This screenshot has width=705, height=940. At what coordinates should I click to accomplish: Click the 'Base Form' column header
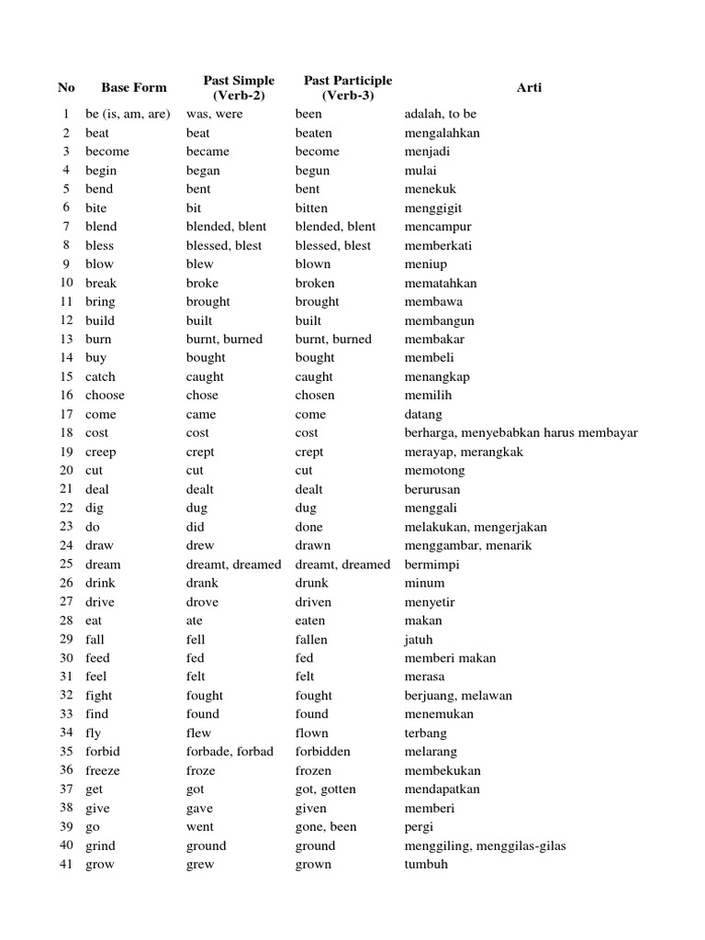pos(134,88)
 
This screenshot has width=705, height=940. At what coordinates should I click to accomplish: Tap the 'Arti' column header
pos(529,88)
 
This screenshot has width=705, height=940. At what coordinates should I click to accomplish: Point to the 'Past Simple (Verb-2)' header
pos(239,88)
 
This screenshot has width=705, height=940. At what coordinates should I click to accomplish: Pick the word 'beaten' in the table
pos(314,133)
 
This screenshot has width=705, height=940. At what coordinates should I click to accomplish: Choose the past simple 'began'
pos(203,171)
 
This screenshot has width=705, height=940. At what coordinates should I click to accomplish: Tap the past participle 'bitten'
pos(311,208)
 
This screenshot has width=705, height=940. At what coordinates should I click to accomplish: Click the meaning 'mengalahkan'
pos(442,133)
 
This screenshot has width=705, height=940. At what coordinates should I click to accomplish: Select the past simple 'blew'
pos(200,264)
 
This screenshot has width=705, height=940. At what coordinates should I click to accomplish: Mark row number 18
pos(66,432)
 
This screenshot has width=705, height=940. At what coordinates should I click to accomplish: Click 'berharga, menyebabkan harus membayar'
pos(520,432)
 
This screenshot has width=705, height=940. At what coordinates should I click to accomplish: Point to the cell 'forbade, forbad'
pos(229,751)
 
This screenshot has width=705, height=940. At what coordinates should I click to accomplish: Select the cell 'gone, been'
pos(326,826)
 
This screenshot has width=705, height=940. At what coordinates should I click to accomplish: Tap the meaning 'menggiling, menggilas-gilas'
pos(485,845)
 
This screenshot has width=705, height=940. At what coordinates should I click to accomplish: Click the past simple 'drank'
pos(202,583)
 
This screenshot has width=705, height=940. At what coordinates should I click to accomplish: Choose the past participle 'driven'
pos(313,602)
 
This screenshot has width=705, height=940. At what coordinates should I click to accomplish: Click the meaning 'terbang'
pos(426,733)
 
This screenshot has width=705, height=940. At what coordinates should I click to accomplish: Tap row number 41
pos(66,864)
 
